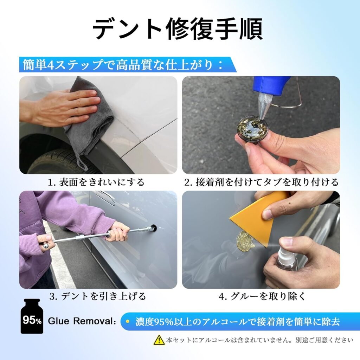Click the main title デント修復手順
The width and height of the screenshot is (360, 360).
[x=178, y=29]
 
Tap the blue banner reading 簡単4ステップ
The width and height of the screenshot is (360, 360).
[x=128, y=65]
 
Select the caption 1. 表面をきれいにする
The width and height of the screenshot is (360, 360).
[x=96, y=182]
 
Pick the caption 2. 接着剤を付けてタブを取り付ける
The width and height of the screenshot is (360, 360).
[x=261, y=182]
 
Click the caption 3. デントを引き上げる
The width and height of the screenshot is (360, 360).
[x=98, y=296]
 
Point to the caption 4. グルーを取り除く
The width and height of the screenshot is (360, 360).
[x=262, y=296]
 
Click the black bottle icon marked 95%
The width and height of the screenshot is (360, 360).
[x=32, y=316]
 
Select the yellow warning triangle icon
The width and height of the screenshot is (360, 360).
[x=159, y=340]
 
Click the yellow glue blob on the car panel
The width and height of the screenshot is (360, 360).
[x=245, y=239]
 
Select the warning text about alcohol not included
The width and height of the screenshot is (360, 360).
[x=260, y=340]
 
